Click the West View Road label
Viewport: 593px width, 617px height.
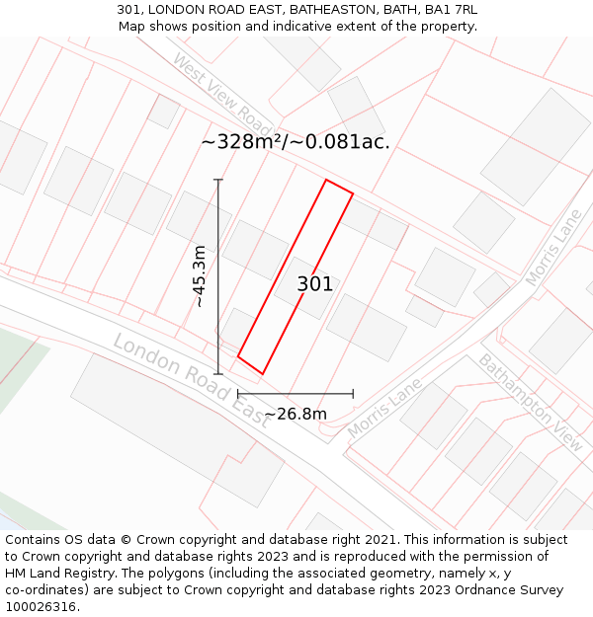pos(222,95)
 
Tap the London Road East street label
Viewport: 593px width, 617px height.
pos(191,379)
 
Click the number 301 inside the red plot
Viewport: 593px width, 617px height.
pos(315,284)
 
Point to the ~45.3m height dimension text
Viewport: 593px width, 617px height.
pos(200,277)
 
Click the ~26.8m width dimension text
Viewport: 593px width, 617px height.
pos(296,414)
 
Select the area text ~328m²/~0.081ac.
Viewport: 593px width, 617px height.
pos(296,142)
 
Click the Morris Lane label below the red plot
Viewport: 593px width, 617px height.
pos(384,408)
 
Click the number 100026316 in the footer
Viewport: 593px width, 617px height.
pos(42,606)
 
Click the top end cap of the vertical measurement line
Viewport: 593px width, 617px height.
pos(218,180)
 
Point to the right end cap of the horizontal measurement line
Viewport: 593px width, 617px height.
pos(353,394)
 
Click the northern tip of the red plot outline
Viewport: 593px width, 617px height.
pos(327,180)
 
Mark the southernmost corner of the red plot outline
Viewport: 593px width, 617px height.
pos(262,374)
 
